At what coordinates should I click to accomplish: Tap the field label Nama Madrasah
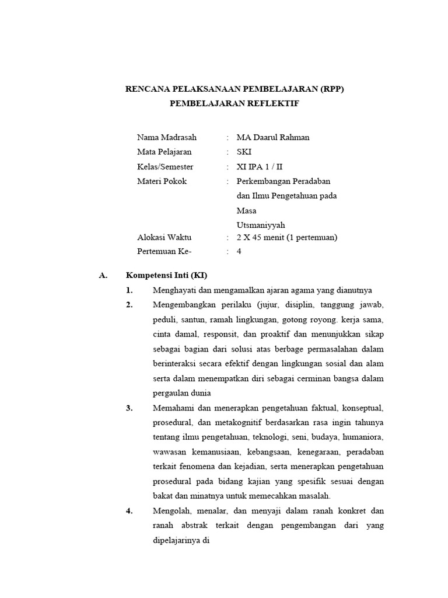(x=167, y=137)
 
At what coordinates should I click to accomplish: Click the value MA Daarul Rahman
(x=273, y=137)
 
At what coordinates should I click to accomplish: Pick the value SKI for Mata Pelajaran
(x=244, y=152)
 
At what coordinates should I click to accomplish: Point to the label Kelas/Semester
(x=165, y=166)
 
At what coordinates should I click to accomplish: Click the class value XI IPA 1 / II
(x=268, y=166)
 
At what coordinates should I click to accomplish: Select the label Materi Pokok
(x=162, y=181)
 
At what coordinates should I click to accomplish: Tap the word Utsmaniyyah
(x=261, y=224)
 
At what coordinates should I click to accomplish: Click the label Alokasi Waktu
(x=164, y=238)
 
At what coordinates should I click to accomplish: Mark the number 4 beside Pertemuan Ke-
(x=239, y=252)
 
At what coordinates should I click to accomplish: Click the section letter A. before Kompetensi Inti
(x=104, y=275)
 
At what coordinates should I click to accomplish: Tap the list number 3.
(x=129, y=408)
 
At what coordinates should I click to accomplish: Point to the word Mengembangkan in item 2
(x=183, y=305)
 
